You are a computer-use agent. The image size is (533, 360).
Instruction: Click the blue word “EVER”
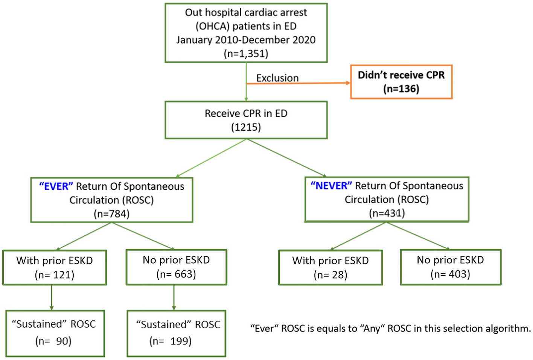[x=56, y=186]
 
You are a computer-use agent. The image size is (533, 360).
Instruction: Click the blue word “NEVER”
[x=331, y=186]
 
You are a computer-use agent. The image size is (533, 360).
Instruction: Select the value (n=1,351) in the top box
[x=246, y=53]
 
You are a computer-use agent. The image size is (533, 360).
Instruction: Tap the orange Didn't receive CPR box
[x=401, y=82]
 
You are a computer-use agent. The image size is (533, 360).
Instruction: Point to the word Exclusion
[x=277, y=78]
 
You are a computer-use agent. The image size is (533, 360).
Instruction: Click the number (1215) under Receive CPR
[x=246, y=127]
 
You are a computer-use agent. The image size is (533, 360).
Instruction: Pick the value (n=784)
[x=111, y=214]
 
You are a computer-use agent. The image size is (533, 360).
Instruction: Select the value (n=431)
[x=387, y=213]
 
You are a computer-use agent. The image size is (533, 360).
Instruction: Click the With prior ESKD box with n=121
[x=55, y=267]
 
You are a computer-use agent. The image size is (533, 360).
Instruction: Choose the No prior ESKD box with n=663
[x=176, y=267]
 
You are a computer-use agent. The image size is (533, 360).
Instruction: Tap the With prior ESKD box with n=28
[x=330, y=267]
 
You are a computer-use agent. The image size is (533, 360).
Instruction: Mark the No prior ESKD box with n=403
[x=450, y=267]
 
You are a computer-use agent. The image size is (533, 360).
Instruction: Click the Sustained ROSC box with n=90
[x=55, y=333]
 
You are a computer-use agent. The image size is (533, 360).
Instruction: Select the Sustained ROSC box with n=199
[x=176, y=333]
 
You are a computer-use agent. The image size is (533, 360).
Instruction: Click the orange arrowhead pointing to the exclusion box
[x=348, y=83]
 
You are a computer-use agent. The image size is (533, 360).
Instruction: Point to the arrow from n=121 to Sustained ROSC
[x=52, y=297]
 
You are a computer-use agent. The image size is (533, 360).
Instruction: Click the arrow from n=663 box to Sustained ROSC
[x=174, y=297]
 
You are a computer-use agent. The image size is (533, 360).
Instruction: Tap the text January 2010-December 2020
[x=246, y=40]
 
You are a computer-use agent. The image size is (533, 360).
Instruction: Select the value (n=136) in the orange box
[x=401, y=89]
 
